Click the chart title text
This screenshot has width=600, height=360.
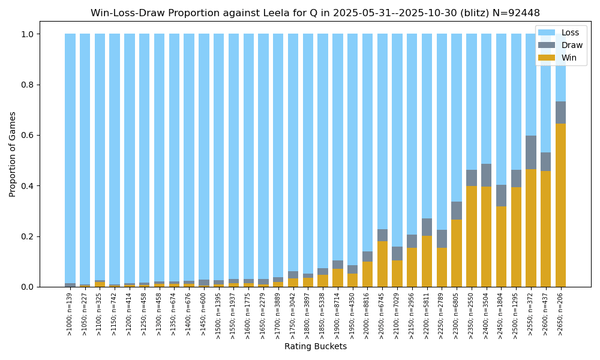(x=315, y=13)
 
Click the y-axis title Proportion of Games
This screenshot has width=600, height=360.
(x=13, y=154)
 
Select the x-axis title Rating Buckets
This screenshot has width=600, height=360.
(x=315, y=347)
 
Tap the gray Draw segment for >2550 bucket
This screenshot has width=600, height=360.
(x=531, y=152)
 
